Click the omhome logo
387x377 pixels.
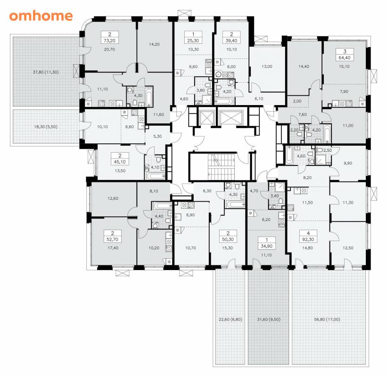click(41, 16)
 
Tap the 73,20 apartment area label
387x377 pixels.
click(110, 41)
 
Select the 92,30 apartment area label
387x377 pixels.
click(308, 239)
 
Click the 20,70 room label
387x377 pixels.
click(109, 49)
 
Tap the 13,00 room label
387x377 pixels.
click(267, 66)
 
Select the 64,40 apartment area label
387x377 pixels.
click(345, 58)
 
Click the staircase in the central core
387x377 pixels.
click(221, 167)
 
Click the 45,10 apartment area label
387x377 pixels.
click(120, 162)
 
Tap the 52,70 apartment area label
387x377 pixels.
click(113, 239)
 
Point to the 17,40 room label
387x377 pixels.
click(113, 248)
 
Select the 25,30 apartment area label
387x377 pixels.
click(193, 41)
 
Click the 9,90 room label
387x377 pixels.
click(348, 163)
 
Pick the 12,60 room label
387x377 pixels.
click(113, 198)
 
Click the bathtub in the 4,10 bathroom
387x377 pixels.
click(156, 176)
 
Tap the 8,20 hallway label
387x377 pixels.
click(307, 177)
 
